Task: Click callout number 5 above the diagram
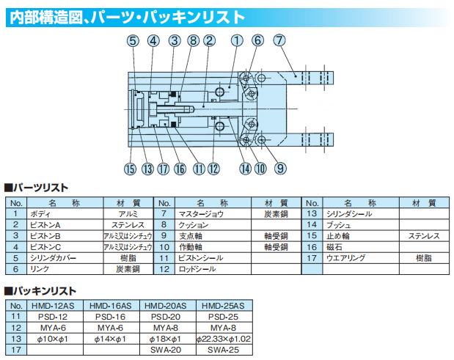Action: (x=132, y=41)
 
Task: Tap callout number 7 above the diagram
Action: (x=279, y=41)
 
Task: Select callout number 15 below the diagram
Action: (x=131, y=169)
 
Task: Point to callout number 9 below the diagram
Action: (x=279, y=169)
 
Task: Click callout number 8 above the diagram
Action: (x=193, y=41)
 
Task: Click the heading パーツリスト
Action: (x=40, y=187)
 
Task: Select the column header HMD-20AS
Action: (x=164, y=306)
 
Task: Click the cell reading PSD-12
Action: (x=53, y=317)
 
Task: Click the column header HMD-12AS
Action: (x=53, y=306)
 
